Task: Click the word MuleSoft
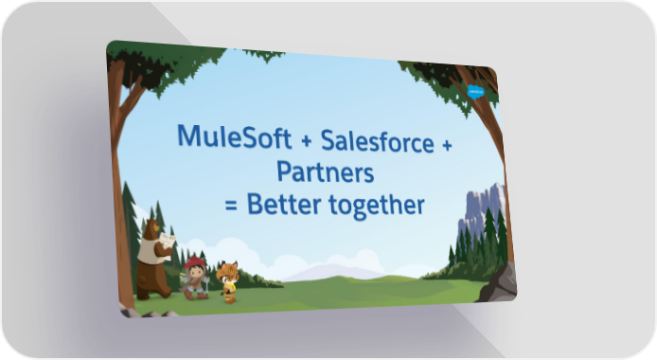[x=234, y=135]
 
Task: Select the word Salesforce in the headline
[x=378, y=141]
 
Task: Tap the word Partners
[x=325, y=171]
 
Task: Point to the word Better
[x=284, y=204]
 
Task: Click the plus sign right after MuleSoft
[x=307, y=141]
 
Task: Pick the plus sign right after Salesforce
[x=447, y=145]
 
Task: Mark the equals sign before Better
[x=231, y=206]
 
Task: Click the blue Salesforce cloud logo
[x=476, y=92]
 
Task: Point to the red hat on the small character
[x=195, y=263]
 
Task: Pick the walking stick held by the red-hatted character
[x=207, y=285]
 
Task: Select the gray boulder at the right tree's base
[x=500, y=283]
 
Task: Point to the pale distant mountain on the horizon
[x=331, y=272]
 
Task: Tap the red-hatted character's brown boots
[x=196, y=295]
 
